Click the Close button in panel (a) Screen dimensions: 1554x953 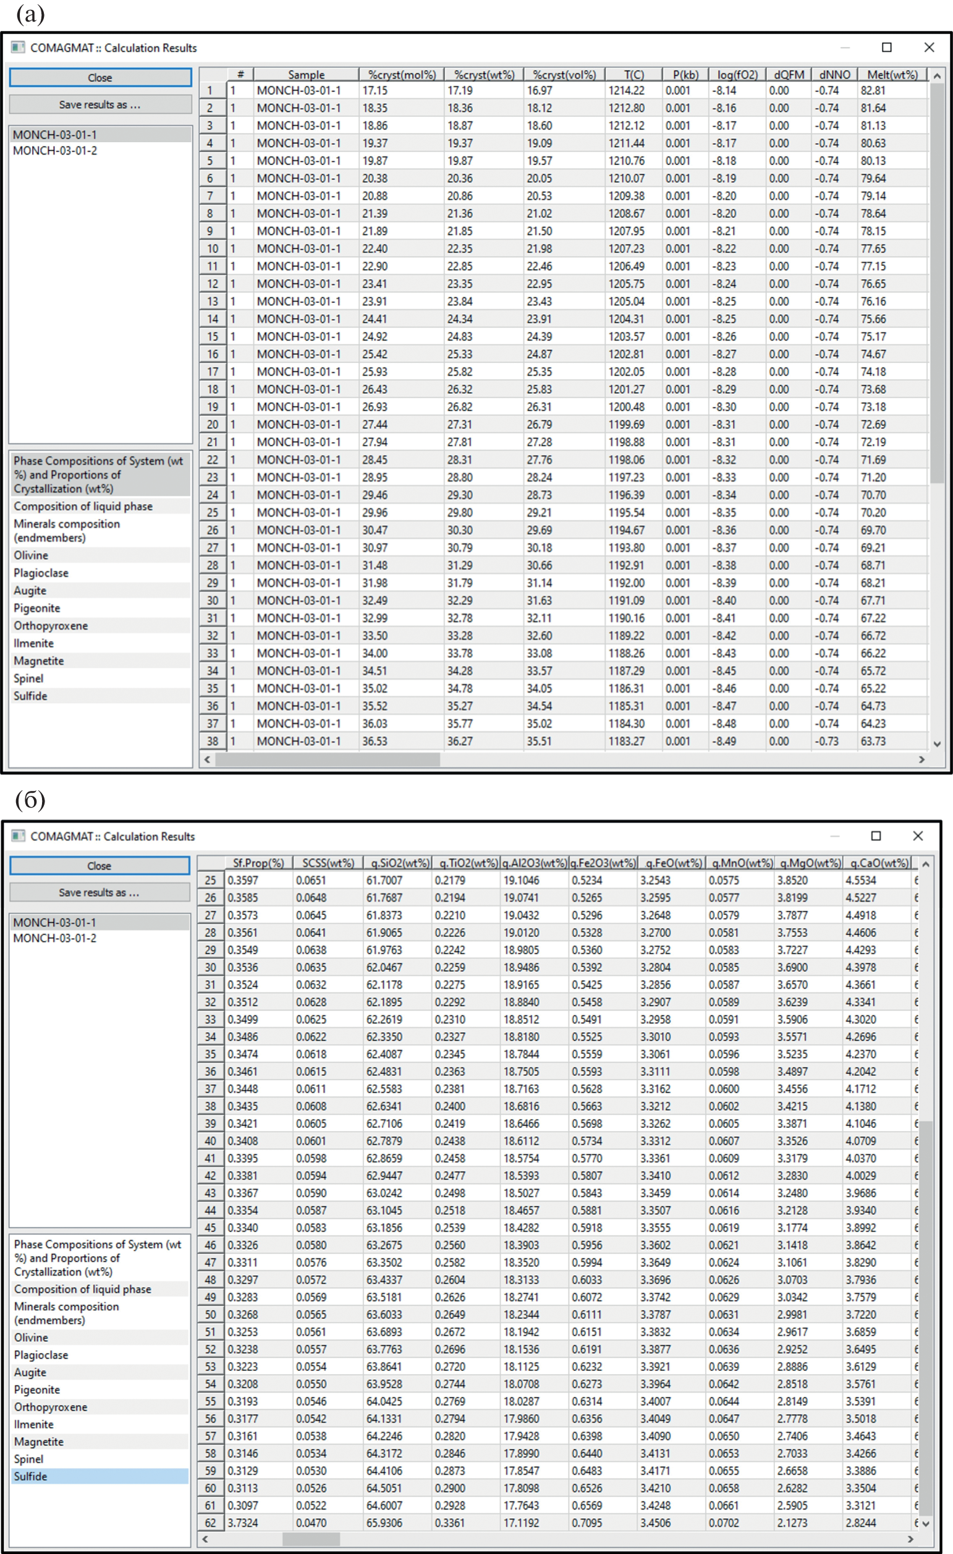(100, 77)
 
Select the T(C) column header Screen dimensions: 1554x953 (633, 74)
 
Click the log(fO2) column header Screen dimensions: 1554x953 (737, 74)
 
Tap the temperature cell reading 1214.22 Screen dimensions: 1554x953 (626, 91)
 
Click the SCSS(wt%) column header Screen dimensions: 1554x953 (328, 863)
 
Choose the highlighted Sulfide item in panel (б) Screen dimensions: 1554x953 (31, 1477)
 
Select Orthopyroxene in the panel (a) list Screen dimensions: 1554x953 (51, 626)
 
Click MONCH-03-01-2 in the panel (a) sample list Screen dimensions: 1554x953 (55, 151)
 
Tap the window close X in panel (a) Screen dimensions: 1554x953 (928, 47)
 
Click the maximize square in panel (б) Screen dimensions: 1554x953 (876, 835)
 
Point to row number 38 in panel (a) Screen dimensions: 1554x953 (213, 741)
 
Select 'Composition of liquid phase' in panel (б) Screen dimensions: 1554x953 (83, 1289)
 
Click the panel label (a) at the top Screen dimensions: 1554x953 (30, 14)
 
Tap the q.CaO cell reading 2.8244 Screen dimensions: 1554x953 (860, 1522)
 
